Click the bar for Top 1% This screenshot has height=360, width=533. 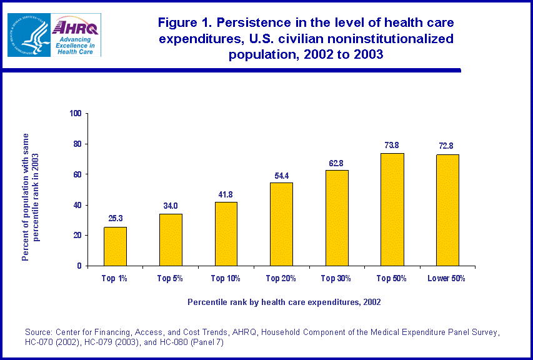[115, 246]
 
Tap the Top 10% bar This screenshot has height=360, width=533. [226, 234]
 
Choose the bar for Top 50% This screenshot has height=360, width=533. [392, 209]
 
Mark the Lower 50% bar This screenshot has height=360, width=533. [448, 210]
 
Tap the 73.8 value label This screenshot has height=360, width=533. [392, 145]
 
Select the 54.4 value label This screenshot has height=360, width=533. [281, 175]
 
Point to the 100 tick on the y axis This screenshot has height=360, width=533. [76, 114]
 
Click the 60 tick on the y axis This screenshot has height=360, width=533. [78, 174]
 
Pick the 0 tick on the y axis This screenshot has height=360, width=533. [80, 266]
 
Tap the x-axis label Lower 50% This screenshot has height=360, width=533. [446, 278]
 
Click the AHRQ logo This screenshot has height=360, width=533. [75, 34]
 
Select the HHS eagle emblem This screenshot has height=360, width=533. [27, 34]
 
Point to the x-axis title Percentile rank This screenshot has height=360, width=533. [284, 302]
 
